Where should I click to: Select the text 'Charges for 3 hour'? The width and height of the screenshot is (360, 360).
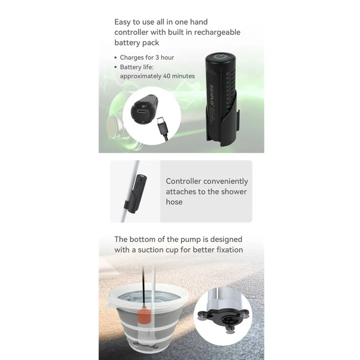(147, 58)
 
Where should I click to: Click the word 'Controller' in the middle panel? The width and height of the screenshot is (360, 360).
(184, 181)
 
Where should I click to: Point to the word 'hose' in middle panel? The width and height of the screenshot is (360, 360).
(174, 202)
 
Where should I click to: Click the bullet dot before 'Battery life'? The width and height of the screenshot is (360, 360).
(116, 67)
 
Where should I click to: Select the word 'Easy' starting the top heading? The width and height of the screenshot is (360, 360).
(123, 22)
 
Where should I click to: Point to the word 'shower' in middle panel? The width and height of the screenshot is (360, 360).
(232, 192)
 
